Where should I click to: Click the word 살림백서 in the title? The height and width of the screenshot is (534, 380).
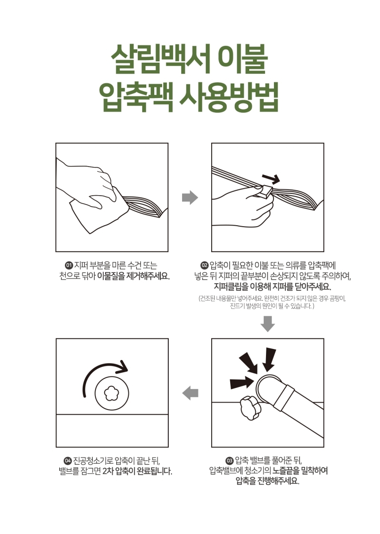click(x=160, y=59)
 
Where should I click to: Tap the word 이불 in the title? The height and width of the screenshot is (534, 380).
click(x=243, y=59)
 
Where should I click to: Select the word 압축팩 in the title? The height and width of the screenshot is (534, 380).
click(x=136, y=97)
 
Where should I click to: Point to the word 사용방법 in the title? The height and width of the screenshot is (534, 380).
click(x=229, y=97)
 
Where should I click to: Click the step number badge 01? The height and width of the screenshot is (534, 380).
click(x=69, y=265)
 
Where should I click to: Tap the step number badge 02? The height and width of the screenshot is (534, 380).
click(x=205, y=265)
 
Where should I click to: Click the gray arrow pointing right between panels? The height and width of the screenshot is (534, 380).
click(x=190, y=197)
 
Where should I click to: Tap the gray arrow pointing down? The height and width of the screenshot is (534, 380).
click(x=268, y=324)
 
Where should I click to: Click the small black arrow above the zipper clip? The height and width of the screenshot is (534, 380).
click(x=271, y=178)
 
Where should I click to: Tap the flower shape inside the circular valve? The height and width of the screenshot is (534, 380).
click(x=112, y=394)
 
